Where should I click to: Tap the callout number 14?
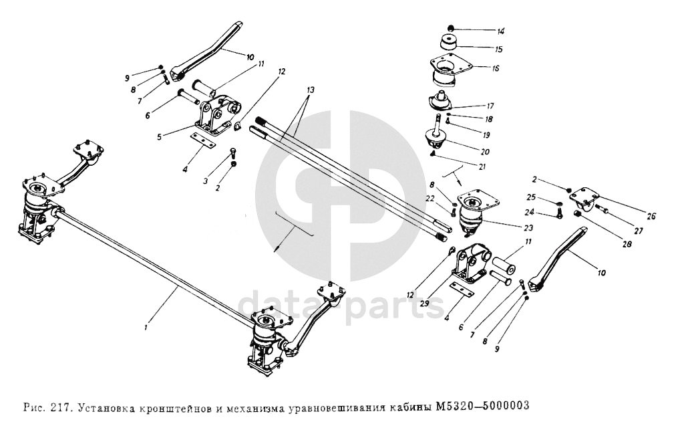(501, 31)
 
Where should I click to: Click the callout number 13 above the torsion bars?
(310, 90)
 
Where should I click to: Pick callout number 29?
(425, 303)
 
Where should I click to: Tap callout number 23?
(528, 228)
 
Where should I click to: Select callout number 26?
(651, 216)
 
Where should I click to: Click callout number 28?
(627, 245)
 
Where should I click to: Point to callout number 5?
(160, 136)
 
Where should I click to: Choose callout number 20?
(485, 152)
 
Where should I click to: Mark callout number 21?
(482, 167)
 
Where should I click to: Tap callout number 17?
(490, 106)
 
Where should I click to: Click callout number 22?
(430, 199)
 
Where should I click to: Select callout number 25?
(531, 197)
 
